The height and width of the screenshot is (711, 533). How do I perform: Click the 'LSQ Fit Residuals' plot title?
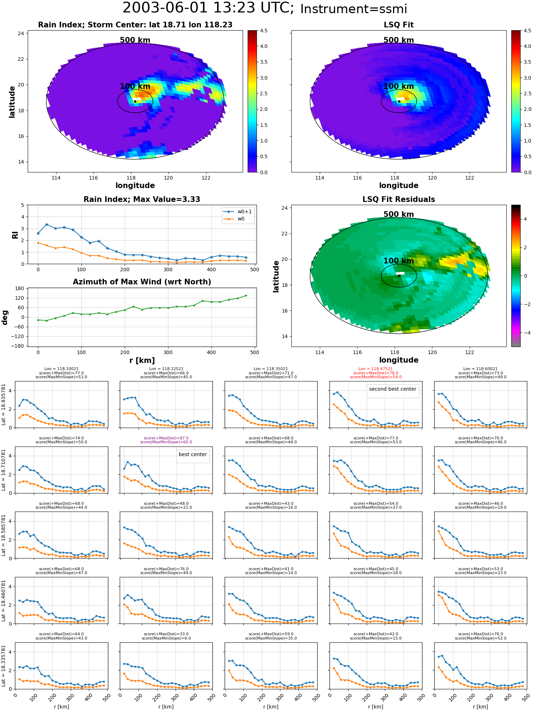pyautogui.click(x=399, y=199)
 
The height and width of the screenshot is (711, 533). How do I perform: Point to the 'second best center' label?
pyautogui.click(x=393, y=389)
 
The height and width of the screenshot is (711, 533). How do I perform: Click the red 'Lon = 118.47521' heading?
pyautogui.click(x=376, y=369)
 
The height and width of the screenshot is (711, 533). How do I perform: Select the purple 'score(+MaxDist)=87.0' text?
pyautogui.click(x=166, y=438)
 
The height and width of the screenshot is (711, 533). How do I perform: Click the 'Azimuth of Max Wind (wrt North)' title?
pyautogui.click(x=142, y=282)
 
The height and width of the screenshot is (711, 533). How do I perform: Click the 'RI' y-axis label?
pyautogui.click(x=15, y=235)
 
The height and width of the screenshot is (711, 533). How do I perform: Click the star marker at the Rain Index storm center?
pyautogui.click(x=135, y=101)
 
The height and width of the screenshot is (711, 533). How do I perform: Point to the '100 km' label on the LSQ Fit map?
pyautogui.click(x=399, y=86)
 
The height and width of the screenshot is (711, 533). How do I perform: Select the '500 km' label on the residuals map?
pyautogui.click(x=399, y=214)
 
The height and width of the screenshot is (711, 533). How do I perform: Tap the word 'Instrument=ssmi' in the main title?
pyautogui.click(x=354, y=9)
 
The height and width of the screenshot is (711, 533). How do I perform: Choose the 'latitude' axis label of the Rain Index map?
pyautogui.click(x=12, y=102)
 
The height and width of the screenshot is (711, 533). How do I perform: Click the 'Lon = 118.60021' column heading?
pyautogui.click(x=480, y=369)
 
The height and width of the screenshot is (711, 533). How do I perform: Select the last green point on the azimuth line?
pyautogui.click(x=246, y=295)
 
